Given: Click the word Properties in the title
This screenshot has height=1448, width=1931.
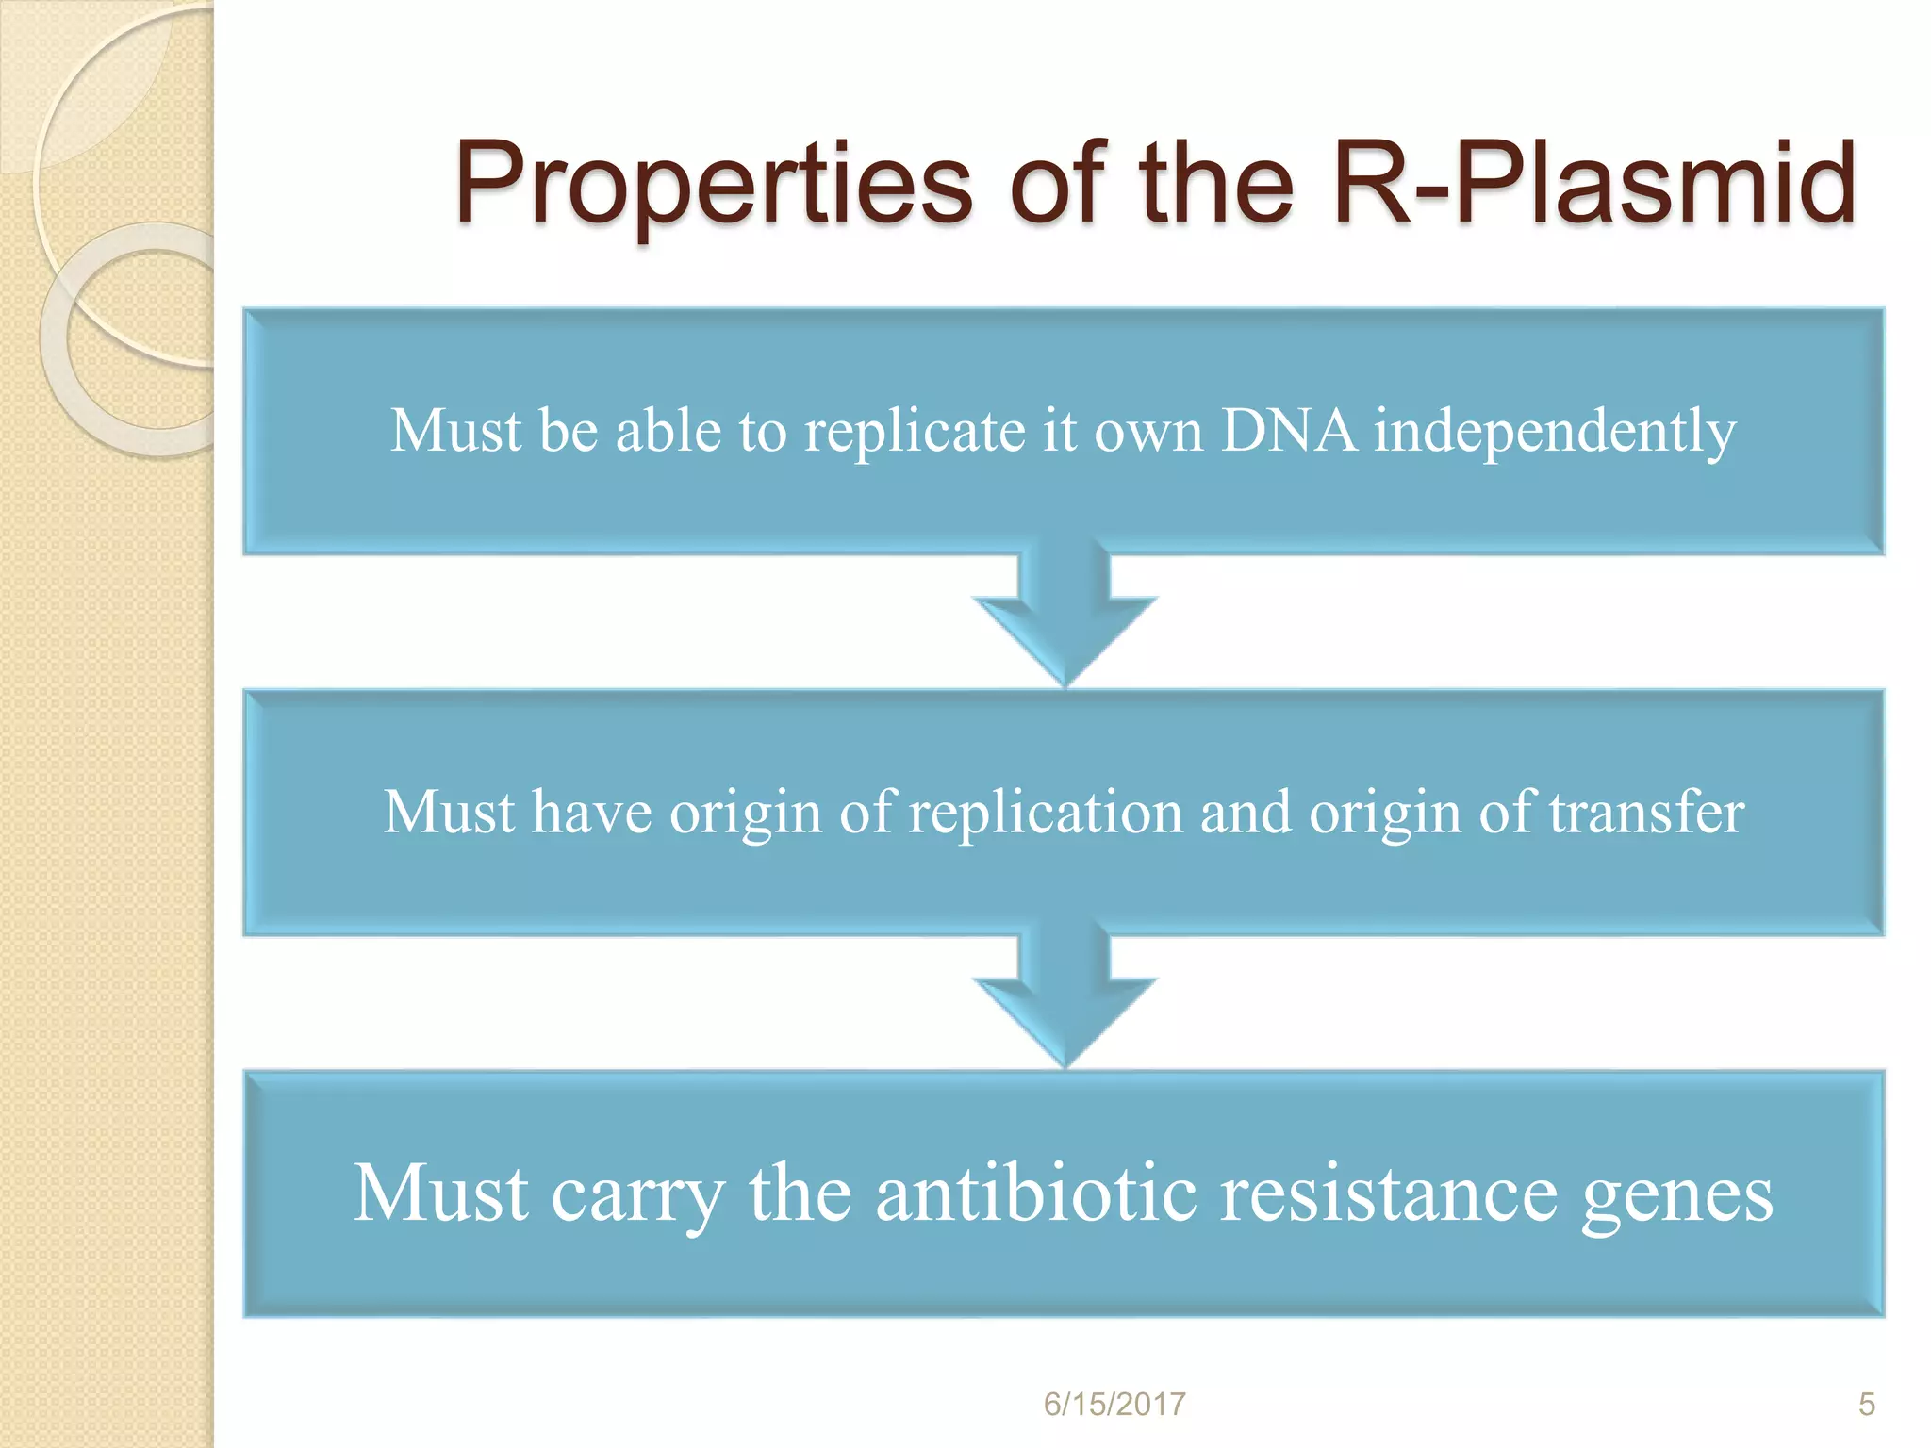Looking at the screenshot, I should [x=713, y=184].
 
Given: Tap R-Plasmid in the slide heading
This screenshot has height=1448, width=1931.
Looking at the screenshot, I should [x=1593, y=184].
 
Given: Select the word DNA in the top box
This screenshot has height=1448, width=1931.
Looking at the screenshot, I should [x=1289, y=431].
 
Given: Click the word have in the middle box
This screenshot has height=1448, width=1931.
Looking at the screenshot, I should [x=591, y=813].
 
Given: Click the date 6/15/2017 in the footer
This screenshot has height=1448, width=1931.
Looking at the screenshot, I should [x=1114, y=1404].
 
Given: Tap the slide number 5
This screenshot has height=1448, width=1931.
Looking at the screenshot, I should [x=1866, y=1404].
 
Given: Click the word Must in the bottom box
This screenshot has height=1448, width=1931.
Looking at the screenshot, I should [x=439, y=1193].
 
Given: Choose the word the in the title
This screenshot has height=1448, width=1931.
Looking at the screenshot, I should [x=1216, y=184].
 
